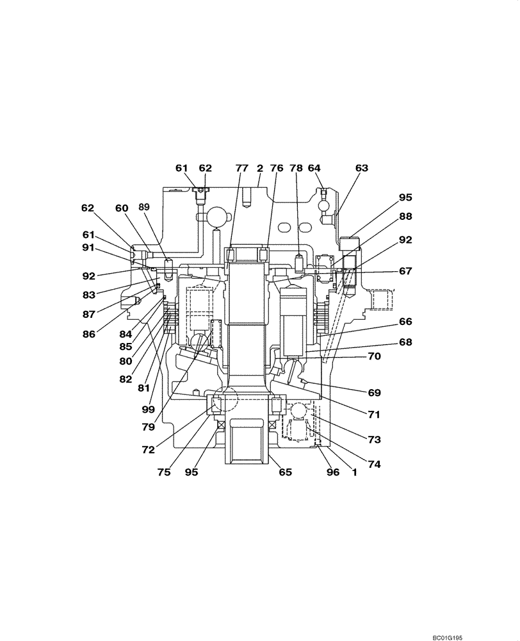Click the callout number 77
241,168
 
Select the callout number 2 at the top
260,168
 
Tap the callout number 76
277,168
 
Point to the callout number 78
297,168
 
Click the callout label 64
314,168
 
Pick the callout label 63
362,168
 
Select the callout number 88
405,217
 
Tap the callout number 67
405,271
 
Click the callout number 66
405,321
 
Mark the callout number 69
374,392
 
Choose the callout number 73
374,440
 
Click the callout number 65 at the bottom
285,472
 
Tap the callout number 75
163,472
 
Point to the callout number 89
143,208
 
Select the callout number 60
122,208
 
